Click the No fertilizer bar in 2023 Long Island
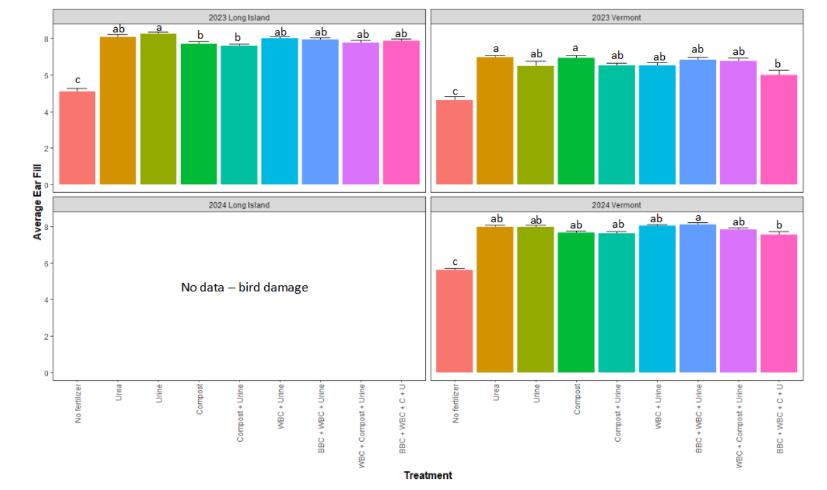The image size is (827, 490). pos(77,138)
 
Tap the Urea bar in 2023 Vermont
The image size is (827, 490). pos(495,121)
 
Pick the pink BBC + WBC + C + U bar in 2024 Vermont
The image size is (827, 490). pos(779,304)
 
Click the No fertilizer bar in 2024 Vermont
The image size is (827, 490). pos(454,321)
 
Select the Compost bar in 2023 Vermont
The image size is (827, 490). pos(576,121)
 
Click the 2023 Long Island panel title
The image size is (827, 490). pos(239,17)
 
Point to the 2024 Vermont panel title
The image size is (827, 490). pos(616,205)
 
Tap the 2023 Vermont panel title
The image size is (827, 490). pos(616,17)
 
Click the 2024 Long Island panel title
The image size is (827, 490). pos(239,205)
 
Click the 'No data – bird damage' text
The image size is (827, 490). pos(244,288)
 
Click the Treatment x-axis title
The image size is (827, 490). pos(428,475)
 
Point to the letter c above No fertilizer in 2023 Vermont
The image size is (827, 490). pos(454,91)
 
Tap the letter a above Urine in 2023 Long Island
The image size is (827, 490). pos(159,27)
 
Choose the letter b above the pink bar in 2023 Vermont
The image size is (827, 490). pos(778,64)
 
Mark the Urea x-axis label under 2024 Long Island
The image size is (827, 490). pos(119,392)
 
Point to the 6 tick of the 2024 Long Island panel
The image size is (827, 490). pos(45,263)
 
